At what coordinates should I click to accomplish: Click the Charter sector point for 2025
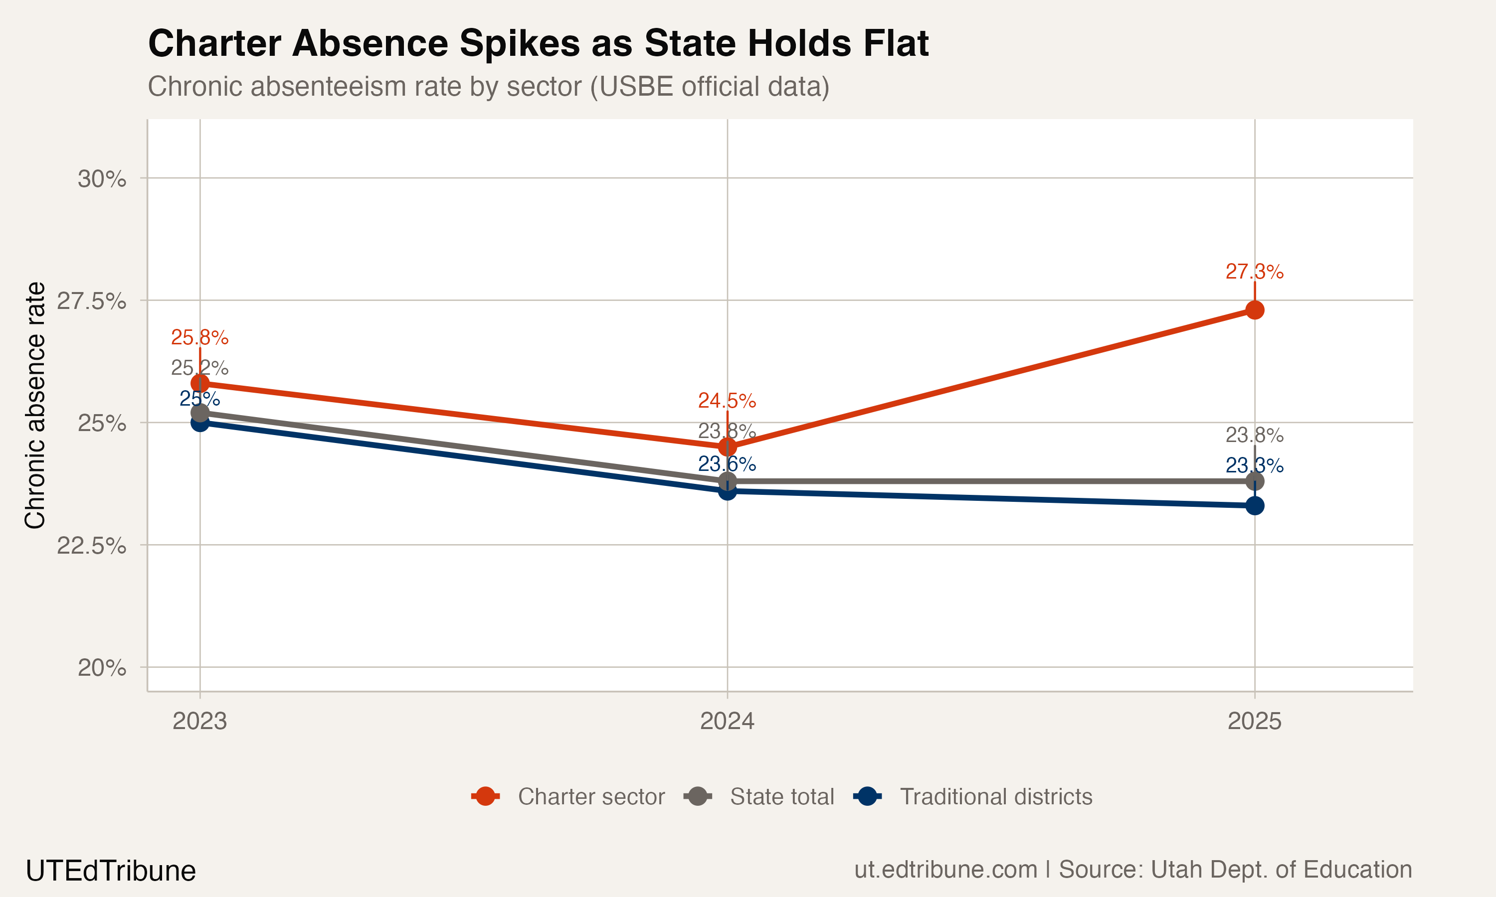(1254, 310)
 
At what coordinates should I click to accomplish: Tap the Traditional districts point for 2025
(1254, 506)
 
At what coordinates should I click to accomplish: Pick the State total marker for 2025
(1254, 481)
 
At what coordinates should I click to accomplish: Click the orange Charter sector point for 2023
(200, 383)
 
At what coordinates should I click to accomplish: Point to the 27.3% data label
(1254, 272)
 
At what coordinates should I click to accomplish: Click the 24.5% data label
(727, 400)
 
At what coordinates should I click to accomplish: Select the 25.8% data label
(199, 337)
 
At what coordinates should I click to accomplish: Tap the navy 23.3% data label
(1254, 465)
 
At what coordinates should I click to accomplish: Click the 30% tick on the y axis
(102, 179)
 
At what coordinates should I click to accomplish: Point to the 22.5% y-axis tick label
(91, 545)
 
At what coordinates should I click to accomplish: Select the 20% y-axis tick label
(102, 668)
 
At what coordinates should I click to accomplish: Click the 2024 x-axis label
(727, 721)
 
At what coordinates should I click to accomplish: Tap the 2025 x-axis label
(1254, 721)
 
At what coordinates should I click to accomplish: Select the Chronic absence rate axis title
(35, 405)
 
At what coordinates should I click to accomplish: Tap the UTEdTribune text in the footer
(111, 871)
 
